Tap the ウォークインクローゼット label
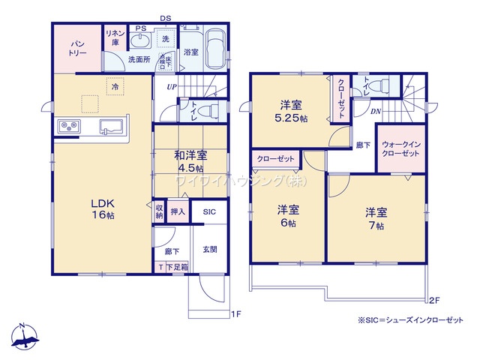(403, 147)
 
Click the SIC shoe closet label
(209, 212)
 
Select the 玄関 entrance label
(209, 250)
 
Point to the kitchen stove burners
(66, 126)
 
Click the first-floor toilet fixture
(213, 111)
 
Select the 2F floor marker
(433, 301)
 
